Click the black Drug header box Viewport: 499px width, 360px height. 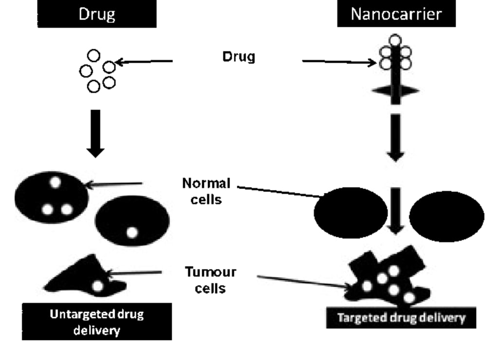pos(97,14)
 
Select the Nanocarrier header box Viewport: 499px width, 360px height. pos(396,14)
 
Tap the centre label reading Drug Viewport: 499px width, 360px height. pos(238,57)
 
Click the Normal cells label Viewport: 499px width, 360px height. pos(206,191)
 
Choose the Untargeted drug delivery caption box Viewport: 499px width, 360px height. pos(97,322)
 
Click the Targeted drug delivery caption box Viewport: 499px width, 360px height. pos(401,319)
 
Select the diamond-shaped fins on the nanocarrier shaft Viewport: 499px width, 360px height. pos(395,91)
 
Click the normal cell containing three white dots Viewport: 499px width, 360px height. pos(52,197)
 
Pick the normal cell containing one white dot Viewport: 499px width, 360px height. pos(133,222)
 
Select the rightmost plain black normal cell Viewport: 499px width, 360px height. pos(447,214)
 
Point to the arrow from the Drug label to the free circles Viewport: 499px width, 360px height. pos(144,62)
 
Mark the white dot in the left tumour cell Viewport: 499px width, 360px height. pos(98,286)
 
